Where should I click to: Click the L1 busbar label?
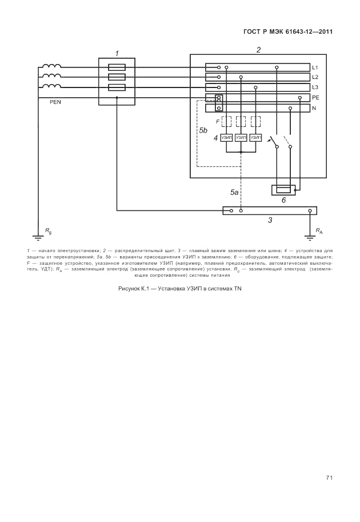(315, 67)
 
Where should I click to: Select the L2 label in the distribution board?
(315, 77)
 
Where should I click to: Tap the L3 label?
(315, 87)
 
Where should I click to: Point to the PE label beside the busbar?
(315, 98)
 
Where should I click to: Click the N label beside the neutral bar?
(314, 107)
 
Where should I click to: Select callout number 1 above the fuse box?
(117, 53)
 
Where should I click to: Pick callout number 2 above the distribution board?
(258, 50)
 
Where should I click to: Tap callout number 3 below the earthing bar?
(270, 220)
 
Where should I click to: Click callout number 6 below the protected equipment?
(283, 200)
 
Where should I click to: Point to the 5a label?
(234, 193)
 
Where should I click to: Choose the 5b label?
(203, 131)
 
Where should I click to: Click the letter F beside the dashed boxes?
(217, 122)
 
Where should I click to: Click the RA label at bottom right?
(319, 231)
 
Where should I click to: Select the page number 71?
(329, 477)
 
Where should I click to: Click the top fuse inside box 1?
(117, 67)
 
